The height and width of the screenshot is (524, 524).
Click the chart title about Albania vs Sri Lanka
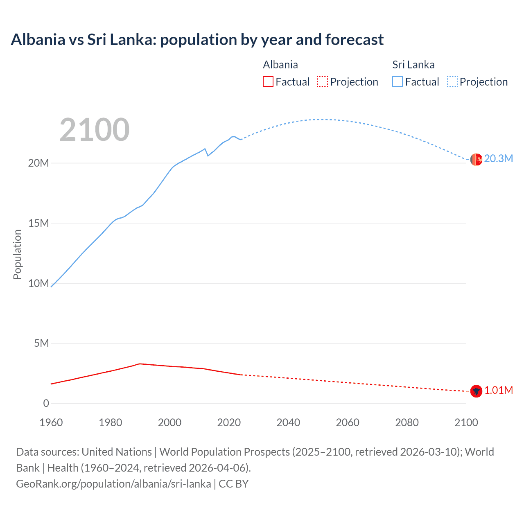click(197, 40)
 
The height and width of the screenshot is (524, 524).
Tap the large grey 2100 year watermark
click(95, 130)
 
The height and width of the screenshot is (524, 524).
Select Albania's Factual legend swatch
click(268, 82)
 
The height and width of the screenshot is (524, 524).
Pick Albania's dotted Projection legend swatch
click(323, 82)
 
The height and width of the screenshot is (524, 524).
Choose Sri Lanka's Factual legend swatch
click(398, 82)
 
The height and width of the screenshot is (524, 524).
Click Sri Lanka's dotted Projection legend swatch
click(452, 82)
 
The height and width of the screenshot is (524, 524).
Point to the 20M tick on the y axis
click(38, 163)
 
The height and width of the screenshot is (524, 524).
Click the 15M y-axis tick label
click(38, 223)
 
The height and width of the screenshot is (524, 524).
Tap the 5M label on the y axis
click(41, 343)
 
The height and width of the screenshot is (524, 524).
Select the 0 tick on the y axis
click(46, 403)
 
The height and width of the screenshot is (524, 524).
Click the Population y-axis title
click(17, 254)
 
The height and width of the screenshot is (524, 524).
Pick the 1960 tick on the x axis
click(51, 422)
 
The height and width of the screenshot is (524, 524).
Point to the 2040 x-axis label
click(288, 422)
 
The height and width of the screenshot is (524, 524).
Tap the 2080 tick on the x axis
click(407, 422)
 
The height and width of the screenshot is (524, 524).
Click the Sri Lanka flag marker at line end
click(476, 160)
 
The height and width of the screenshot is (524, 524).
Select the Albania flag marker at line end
click(476, 391)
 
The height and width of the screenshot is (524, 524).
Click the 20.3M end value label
click(498, 159)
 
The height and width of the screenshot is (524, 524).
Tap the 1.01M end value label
click(498, 391)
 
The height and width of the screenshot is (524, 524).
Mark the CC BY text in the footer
click(234, 484)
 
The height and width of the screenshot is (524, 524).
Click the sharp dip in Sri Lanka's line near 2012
click(208, 156)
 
